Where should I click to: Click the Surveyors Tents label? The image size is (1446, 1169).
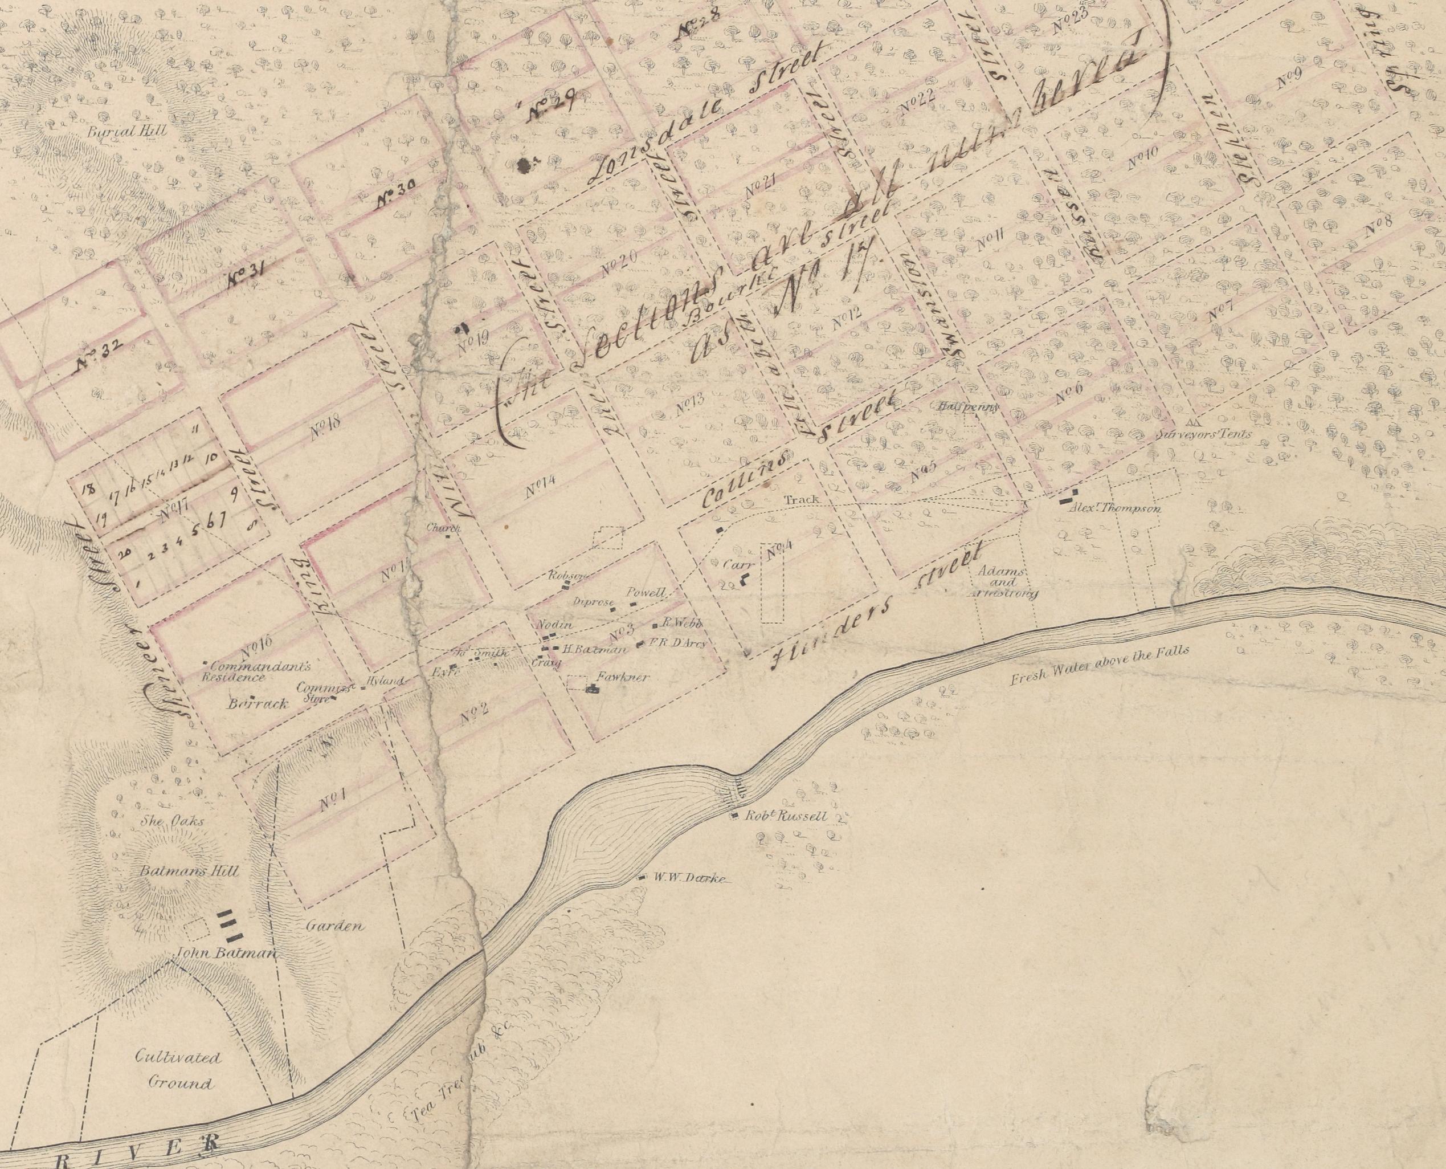(x=1202, y=434)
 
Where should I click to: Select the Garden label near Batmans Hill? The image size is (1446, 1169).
(x=335, y=926)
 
